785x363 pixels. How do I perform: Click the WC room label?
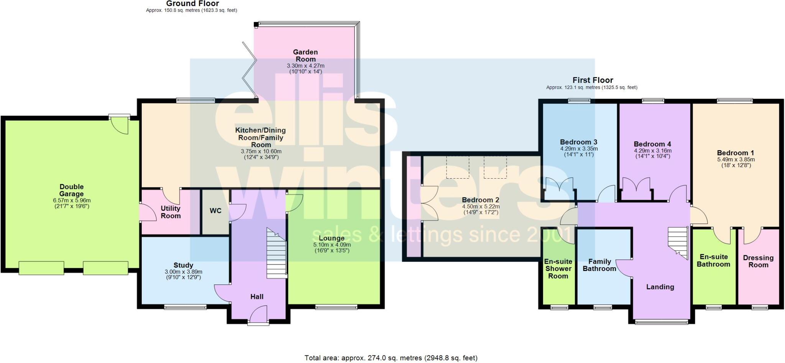(x=215, y=211)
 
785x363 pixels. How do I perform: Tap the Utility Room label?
(x=171, y=212)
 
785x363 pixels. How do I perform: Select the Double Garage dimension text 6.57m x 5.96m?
(x=72, y=200)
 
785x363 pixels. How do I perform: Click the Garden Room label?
(x=305, y=56)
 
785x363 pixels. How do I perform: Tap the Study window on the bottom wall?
(x=185, y=307)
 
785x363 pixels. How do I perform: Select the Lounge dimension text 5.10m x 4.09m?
(x=332, y=245)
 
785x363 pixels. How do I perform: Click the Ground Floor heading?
(x=192, y=4)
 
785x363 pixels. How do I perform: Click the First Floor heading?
(x=593, y=80)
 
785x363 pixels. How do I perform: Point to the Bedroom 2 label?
(x=480, y=200)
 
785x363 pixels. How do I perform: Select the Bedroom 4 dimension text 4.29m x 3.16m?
(x=652, y=151)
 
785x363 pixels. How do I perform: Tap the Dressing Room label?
(x=758, y=261)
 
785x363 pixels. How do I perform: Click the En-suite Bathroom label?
(x=713, y=261)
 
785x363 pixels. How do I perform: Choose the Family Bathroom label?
(x=599, y=265)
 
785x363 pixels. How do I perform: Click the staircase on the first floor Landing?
(x=678, y=243)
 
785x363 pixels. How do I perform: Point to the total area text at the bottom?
(x=391, y=358)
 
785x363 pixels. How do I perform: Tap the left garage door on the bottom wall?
(x=41, y=268)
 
